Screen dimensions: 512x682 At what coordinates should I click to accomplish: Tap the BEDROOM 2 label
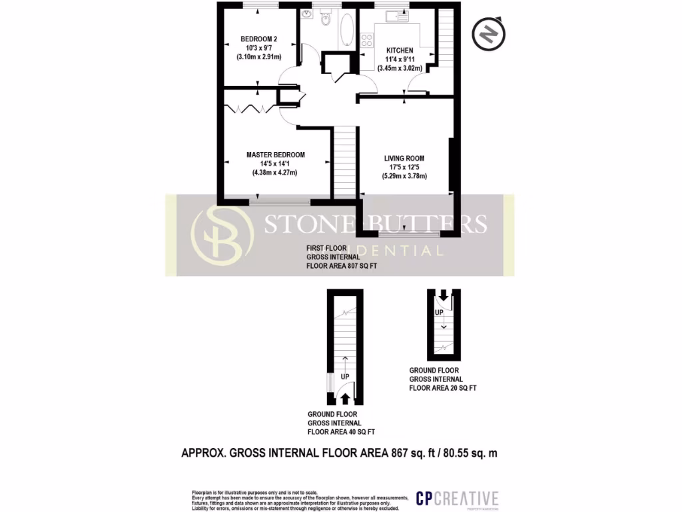click(x=258, y=39)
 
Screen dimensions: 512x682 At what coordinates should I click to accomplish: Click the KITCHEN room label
click(x=400, y=50)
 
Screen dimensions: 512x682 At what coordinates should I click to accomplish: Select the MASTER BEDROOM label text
click(x=275, y=155)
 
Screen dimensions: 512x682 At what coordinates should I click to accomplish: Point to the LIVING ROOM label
click(x=404, y=158)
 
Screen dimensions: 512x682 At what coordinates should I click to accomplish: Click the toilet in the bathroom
click(x=326, y=19)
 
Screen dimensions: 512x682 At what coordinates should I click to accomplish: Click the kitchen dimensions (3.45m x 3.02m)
click(x=400, y=67)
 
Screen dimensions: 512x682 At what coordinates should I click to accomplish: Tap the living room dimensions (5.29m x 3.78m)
click(x=404, y=176)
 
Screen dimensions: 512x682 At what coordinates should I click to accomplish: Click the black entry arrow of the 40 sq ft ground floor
click(x=345, y=398)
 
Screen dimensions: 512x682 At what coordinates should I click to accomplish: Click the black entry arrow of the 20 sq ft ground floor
click(x=440, y=297)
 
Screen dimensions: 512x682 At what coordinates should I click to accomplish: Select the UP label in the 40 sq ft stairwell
click(x=345, y=377)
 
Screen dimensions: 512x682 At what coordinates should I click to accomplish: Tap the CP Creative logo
click(x=456, y=498)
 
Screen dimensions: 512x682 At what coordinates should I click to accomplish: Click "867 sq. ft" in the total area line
click(x=414, y=453)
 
